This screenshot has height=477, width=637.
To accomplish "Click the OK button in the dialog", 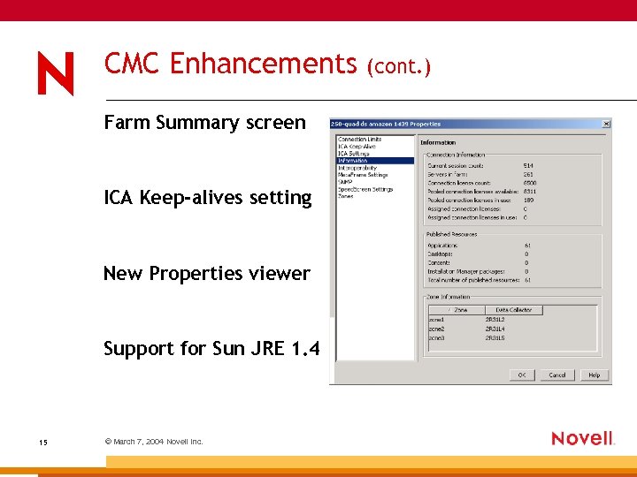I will [522, 375].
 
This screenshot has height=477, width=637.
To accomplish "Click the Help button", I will [594, 375].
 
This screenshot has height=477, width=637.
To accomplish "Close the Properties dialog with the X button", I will [606, 124].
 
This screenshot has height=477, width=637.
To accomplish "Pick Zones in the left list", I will [345, 196].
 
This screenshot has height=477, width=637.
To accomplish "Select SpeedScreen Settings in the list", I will [365, 189].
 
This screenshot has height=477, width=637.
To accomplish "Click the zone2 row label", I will [437, 328].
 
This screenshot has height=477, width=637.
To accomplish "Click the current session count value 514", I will [528, 165].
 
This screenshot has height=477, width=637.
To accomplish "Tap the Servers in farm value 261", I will [528, 174].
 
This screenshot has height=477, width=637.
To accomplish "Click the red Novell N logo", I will [56, 73].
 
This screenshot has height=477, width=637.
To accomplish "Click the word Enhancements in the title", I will [263, 64].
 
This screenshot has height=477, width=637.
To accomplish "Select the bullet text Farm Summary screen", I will [204, 122].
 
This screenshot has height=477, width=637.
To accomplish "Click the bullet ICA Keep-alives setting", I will [208, 198].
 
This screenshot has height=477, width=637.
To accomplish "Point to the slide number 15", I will [43, 442].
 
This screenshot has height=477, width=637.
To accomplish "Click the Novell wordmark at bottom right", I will [582, 438].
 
